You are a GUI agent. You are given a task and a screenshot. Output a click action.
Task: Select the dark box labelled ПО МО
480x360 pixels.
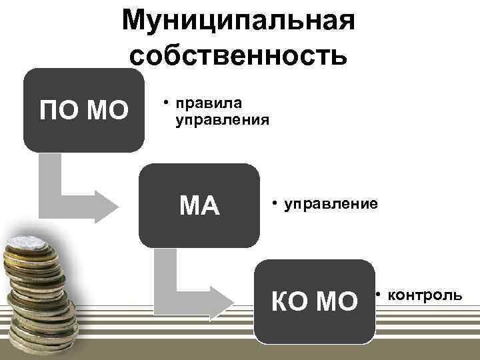tap(83, 110)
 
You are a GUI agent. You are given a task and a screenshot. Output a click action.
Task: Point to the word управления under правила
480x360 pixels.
tap(221, 121)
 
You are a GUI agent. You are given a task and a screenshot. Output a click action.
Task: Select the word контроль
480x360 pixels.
tap(424, 294)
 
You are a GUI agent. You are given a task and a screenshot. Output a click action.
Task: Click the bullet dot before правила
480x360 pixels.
tap(161, 103)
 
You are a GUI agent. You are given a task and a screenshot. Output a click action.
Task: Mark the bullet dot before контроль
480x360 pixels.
tap(377, 294)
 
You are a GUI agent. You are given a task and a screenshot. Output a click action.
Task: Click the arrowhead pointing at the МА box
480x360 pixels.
tap(102, 206)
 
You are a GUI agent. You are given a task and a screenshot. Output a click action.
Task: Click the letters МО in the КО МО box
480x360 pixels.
tap(336, 302)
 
